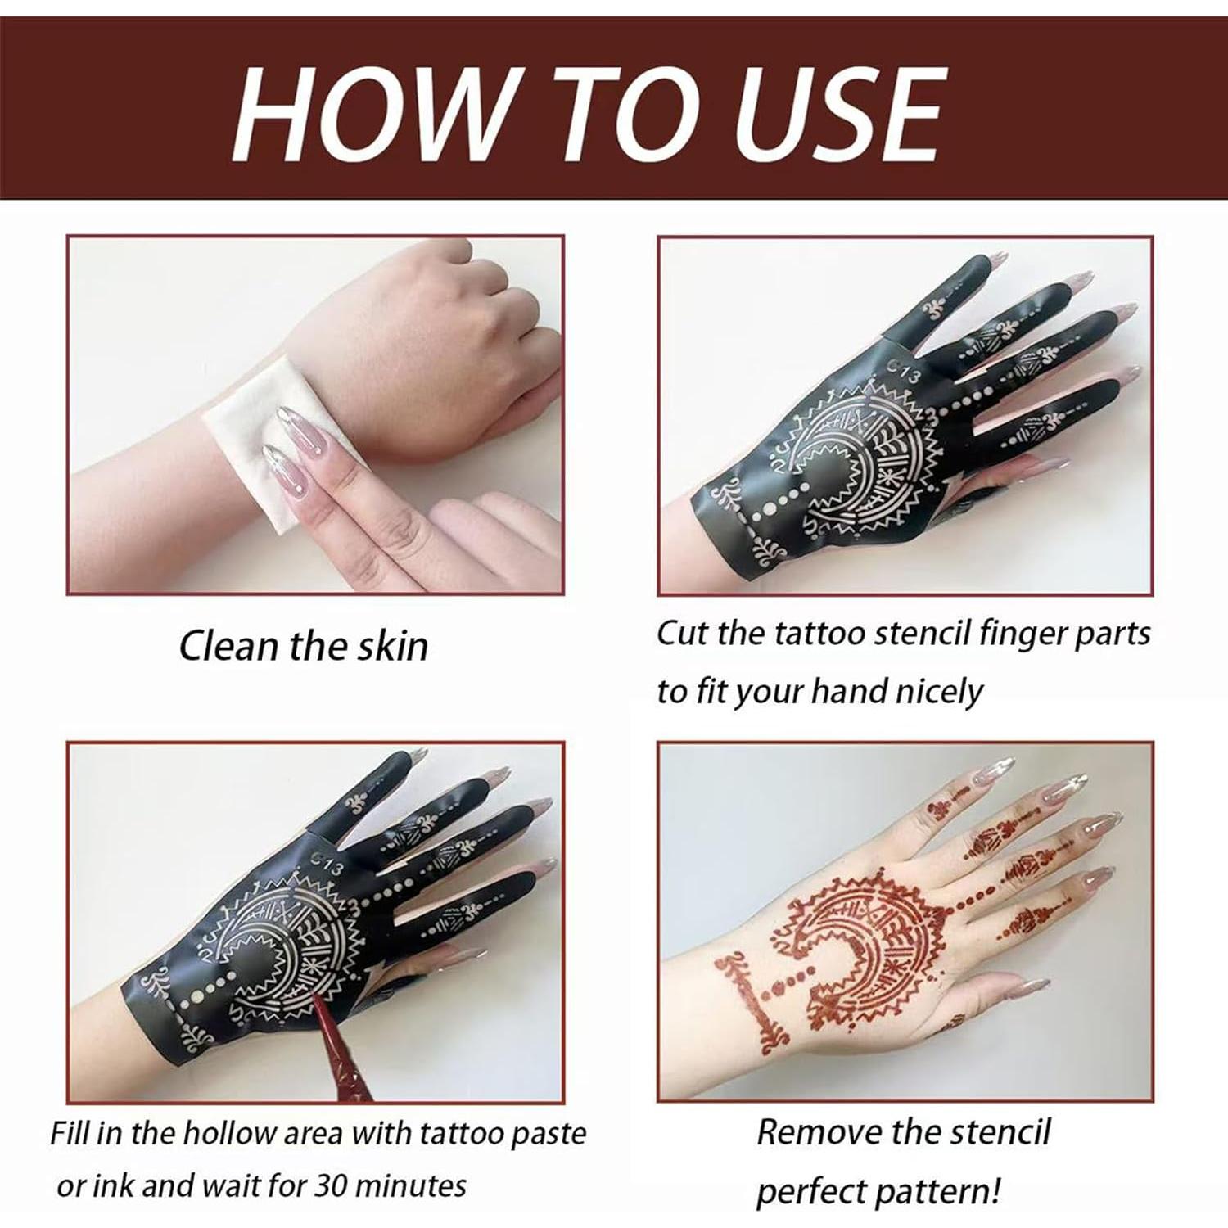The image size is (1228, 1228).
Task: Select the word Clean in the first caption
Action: click(x=227, y=646)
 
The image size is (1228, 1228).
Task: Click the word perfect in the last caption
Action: click(x=810, y=1191)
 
